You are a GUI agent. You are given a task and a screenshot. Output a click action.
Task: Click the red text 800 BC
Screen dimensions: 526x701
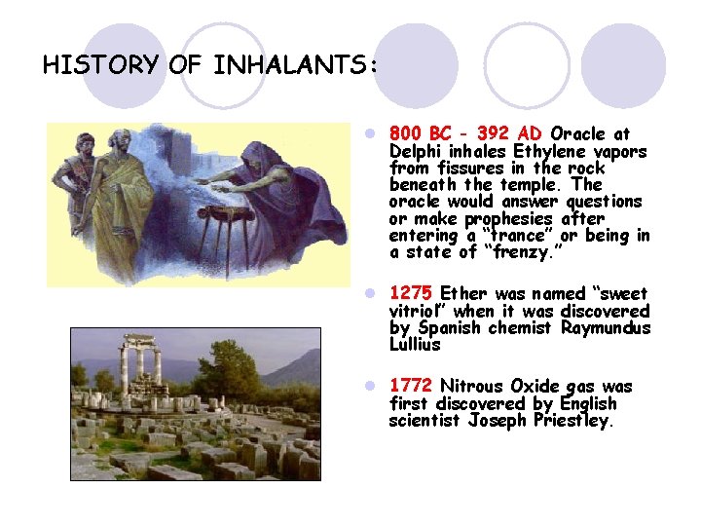[x=422, y=133]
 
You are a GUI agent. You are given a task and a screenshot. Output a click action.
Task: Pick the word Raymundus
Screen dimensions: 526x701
[x=606, y=327]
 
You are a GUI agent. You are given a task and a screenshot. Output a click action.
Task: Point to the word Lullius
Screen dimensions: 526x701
[x=415, y=345]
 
